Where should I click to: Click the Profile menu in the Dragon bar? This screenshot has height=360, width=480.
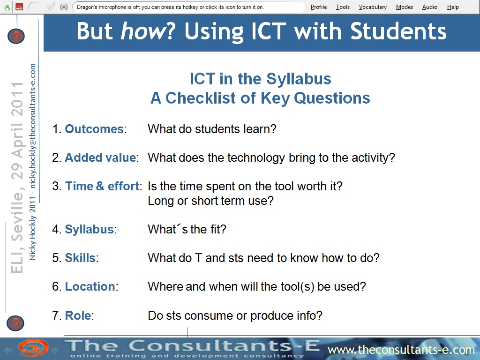(x=319, y=7)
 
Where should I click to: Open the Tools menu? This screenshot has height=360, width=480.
(x=343, y=7)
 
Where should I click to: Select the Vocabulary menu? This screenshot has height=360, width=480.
(x=373, y=7)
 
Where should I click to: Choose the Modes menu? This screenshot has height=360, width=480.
(x=405, y=7)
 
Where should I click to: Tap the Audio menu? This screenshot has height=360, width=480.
(x=429, y=7)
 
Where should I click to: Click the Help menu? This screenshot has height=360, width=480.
(x=453, y=7)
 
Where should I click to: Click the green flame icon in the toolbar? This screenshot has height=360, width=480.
(x=7, y=7)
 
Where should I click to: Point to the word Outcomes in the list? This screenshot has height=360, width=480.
(x=94, y=129)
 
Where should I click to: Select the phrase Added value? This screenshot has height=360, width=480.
(x=100, y=157)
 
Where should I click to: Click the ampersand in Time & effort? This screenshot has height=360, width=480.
(x=100, y=186)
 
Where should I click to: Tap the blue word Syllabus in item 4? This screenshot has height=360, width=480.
(x=90, y=229)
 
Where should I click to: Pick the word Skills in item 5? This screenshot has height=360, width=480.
(x=80, y=258)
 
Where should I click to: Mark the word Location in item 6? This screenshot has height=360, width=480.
(x=90, y=286)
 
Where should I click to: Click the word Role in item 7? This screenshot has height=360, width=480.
(x=78, y=315)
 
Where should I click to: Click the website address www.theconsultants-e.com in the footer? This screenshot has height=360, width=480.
(x=401, y=350)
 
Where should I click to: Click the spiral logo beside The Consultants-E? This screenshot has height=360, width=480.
(x=33, y=348)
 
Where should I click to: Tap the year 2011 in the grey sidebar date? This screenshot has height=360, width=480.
(x=17, y=98)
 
